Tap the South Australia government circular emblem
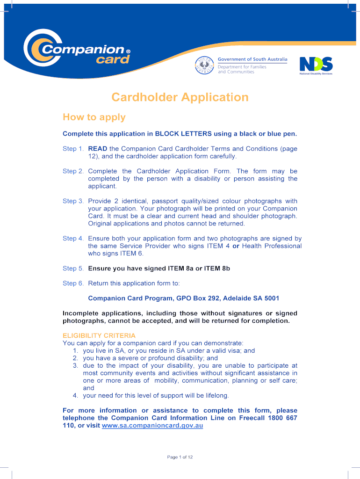(x=204, y=65)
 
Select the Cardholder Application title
(x=180, y=97)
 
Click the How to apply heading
(x=94, y=117)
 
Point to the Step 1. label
(x=73, y=149)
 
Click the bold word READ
(x=98, y=149)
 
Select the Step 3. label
(x=73, y=201)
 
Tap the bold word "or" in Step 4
(x=236, y=246)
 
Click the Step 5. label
(x=73, y=269)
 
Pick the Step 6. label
(x=73, y=283)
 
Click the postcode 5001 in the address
(x=271, y=298)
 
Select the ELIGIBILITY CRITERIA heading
(x=99, y=336)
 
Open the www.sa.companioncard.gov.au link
(x=152, y=426)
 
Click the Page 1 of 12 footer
(x=180, y=457)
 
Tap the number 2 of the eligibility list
(x=75, y=358)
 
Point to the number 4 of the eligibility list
(x=75, y=396)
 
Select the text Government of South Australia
(x=253, y=59)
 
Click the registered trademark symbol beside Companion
(x=129, y=51)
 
